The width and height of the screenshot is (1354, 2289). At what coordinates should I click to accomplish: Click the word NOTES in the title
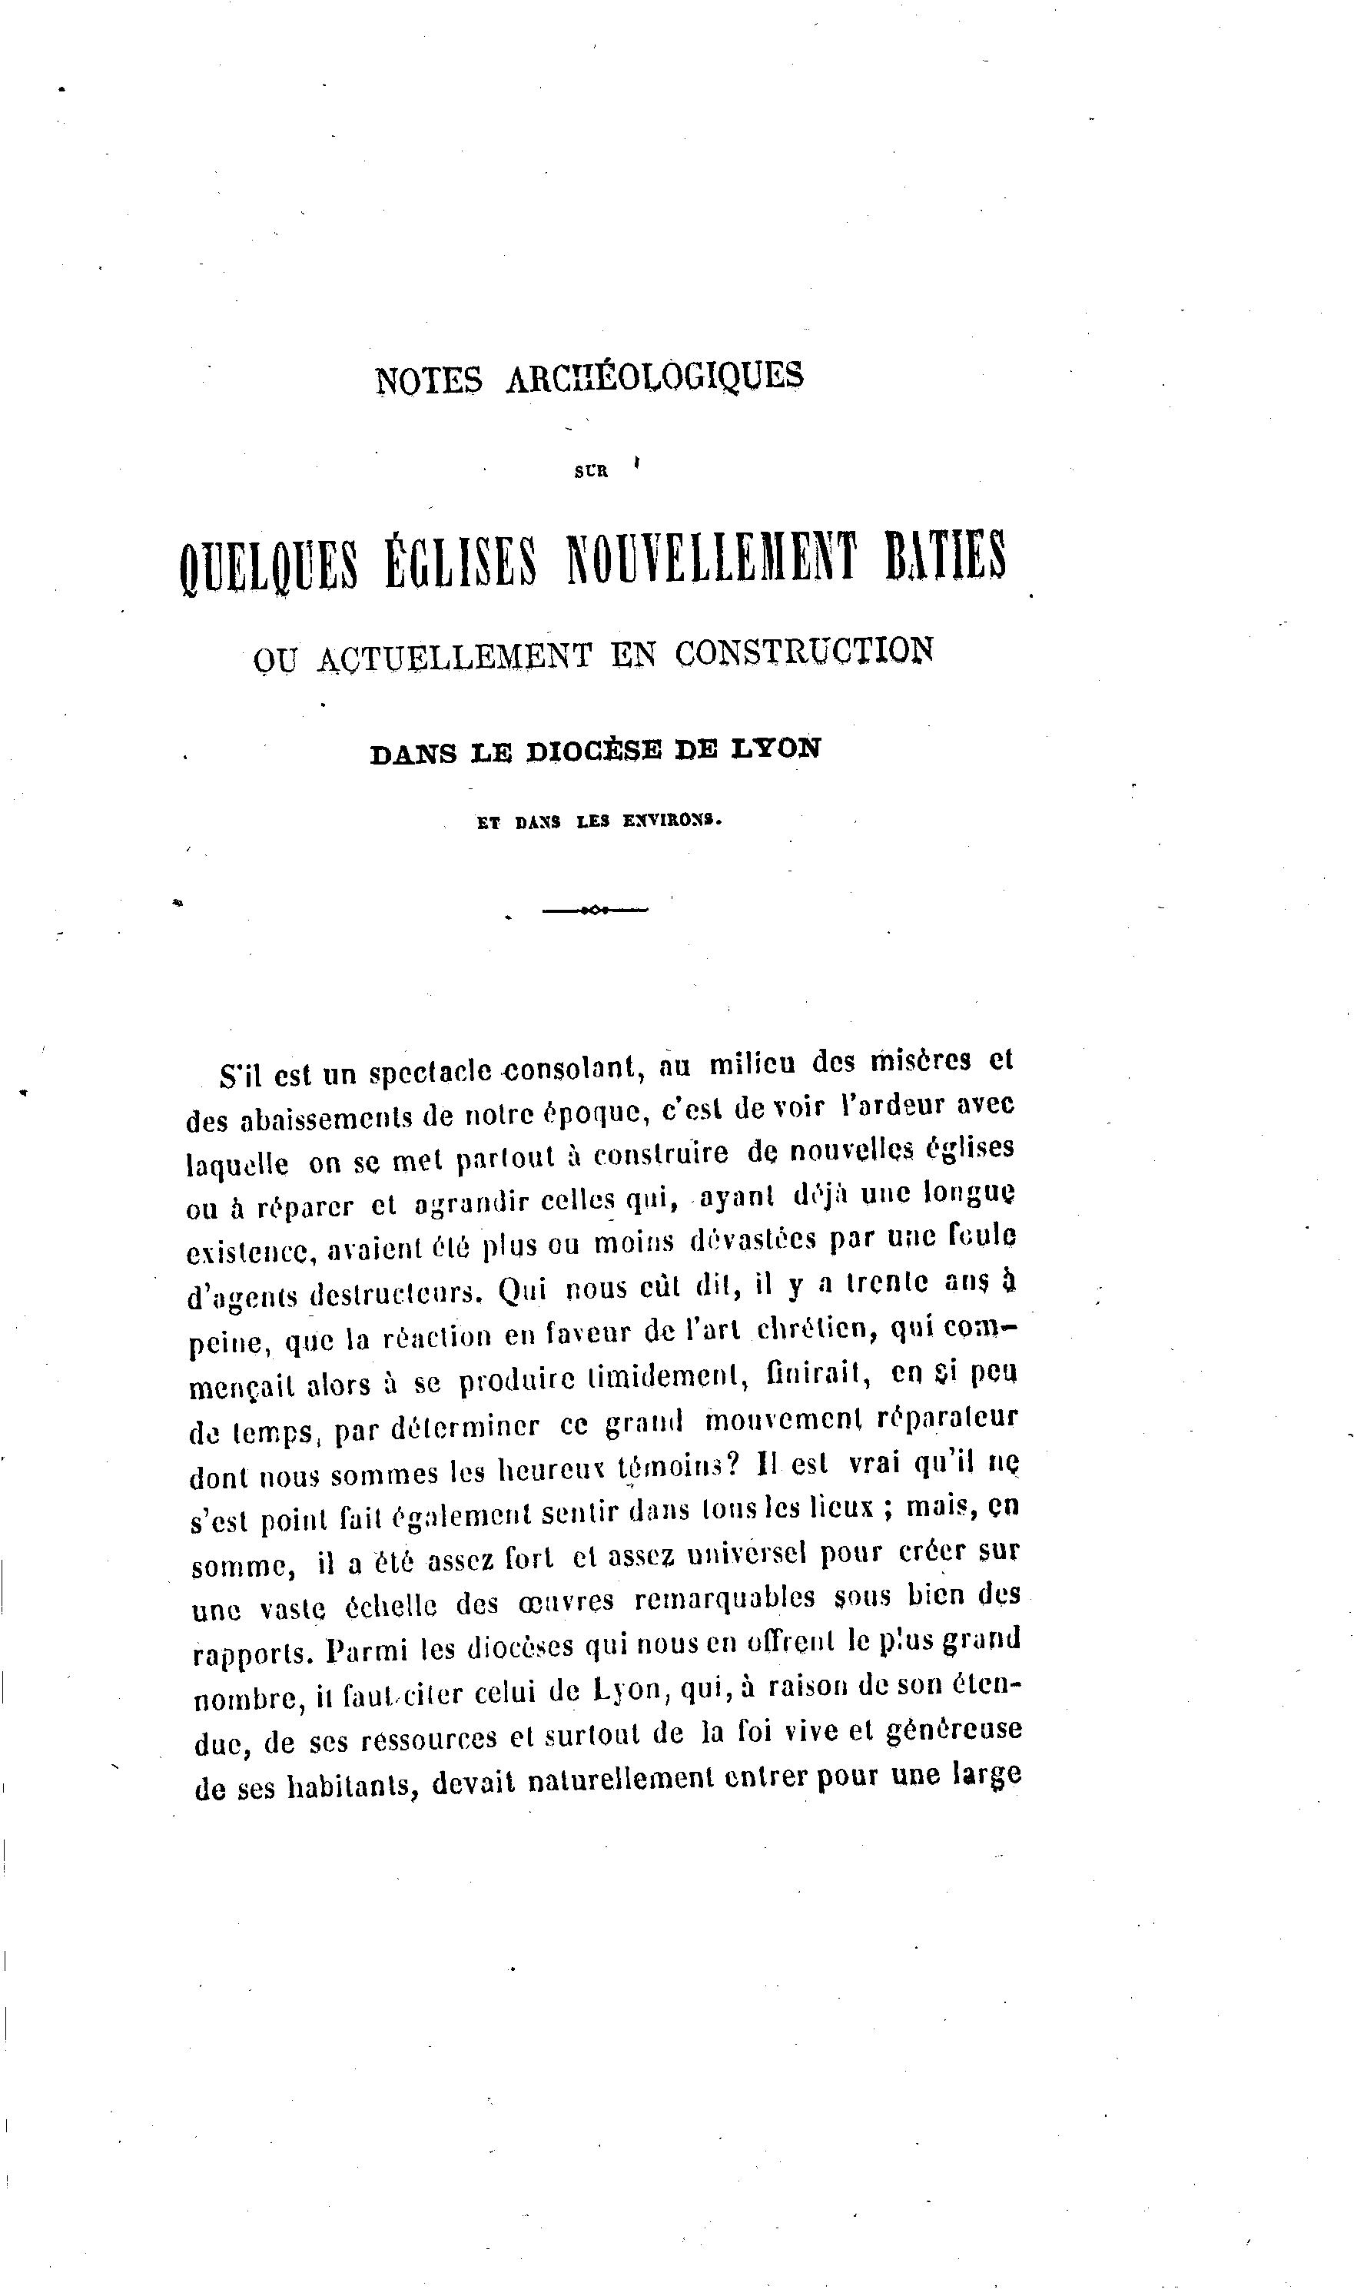[x=428, y=380]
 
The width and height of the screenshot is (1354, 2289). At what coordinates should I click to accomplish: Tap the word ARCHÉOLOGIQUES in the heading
[x=654, y=376]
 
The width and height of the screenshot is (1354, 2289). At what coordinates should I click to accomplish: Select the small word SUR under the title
[x=591, y=473]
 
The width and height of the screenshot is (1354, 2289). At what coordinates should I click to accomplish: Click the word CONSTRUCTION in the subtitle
[x=805, y=651]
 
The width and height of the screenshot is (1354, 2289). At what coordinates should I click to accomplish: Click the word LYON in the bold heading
[x=779, y=748]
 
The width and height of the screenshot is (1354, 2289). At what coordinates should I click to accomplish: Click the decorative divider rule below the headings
[x=594, y=910]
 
